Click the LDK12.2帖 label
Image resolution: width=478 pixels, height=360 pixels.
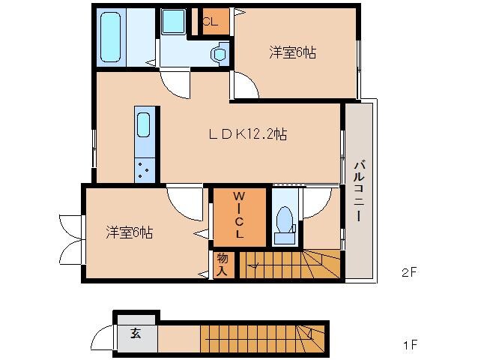248,135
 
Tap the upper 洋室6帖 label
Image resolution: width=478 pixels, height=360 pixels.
292,52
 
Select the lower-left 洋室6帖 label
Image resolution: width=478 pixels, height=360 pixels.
129,232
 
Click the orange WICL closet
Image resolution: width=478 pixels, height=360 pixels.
238,217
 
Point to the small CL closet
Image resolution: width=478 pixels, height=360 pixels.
210,22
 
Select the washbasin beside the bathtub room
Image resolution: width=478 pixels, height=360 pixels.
173,22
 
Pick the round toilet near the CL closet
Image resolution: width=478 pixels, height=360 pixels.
220,53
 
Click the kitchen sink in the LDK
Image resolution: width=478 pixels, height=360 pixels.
144,124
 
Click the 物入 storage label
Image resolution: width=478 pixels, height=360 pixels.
223,263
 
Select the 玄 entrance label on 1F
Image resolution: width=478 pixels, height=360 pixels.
136,334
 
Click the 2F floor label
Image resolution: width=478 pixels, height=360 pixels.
408,273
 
